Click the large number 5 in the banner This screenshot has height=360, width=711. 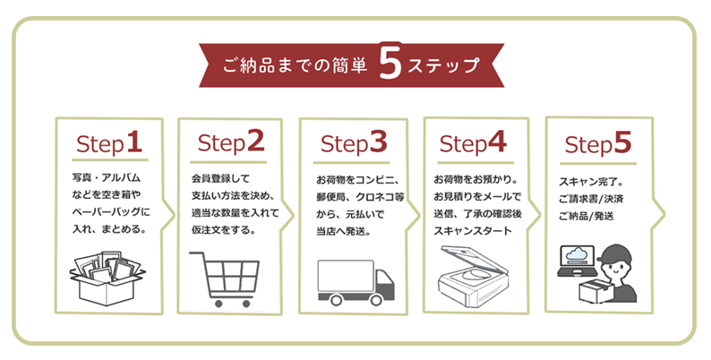tap(390, 65)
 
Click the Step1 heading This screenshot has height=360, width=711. tap(109, 142)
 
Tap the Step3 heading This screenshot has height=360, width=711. tap(353, 142)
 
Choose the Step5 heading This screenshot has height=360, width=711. tap(599, 143)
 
